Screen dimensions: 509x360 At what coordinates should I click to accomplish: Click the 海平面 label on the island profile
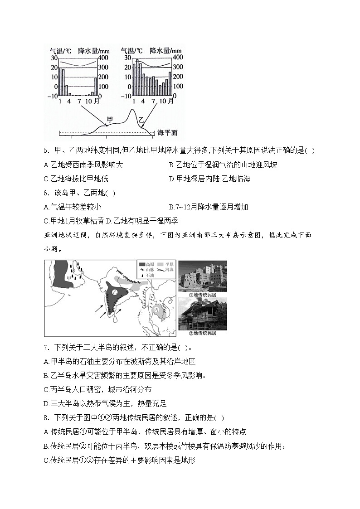[167, 133]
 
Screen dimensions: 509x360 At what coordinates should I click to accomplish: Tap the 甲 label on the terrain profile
[109, 120]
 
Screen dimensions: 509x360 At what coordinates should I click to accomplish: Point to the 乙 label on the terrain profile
[141, 120]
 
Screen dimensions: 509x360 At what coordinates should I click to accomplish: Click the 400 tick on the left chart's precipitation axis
[103, 58]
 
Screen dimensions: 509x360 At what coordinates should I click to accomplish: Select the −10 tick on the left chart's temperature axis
[52, 96]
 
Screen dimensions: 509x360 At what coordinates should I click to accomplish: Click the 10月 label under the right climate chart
[165, 101]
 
